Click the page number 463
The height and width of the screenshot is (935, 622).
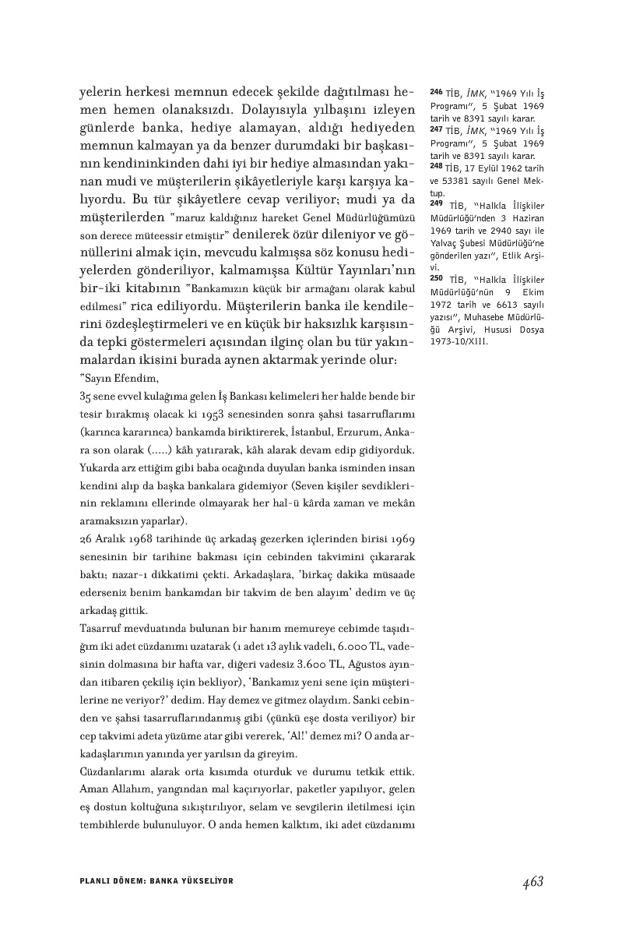tap(532, 881)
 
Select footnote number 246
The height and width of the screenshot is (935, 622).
tap(436, 91)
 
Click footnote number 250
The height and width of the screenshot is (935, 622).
tap(436, 277)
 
